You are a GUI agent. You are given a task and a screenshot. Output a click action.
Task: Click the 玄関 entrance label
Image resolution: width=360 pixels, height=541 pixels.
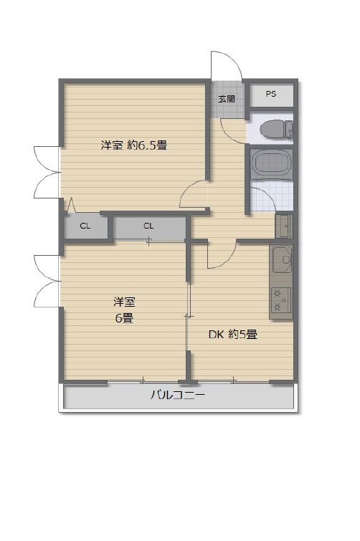pyautogui.click(x=227, y=99)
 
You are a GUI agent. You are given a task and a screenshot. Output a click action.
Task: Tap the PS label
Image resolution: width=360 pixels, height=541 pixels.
pyautogui.click(x=271, y=94)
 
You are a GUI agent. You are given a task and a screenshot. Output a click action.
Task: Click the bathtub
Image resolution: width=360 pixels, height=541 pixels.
pyautogui.click(x=271, y=164)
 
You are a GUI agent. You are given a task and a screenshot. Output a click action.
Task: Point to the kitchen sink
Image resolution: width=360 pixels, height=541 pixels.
pyautogui.click(x=282, y=259)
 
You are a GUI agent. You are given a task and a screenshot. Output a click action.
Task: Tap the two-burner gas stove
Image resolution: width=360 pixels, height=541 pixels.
pyautogui.click(x=281, y=300)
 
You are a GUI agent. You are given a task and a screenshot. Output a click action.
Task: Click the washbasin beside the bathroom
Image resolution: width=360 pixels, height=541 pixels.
pyautogui.click(x=284, y=226)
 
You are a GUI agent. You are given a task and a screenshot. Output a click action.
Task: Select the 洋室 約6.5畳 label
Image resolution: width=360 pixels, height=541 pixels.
pyautogui.click(x=134, y=145)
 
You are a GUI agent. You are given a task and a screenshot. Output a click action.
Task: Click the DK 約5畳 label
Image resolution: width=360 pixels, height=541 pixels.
pyautogui.click(x=233, y=334)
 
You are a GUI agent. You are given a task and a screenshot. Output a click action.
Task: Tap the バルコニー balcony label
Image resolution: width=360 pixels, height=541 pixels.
pyautogui.click(x=177, y=394)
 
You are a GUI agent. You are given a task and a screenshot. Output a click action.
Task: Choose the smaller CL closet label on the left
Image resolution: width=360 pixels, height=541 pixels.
pyautogui.click(x=85, y=226)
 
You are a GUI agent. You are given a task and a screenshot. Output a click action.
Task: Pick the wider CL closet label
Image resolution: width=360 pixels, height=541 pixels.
pyautogui.click(x=148, y=226)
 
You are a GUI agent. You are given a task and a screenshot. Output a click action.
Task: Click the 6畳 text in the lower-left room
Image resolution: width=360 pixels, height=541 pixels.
pyautogui.click(x=124, y=317)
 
